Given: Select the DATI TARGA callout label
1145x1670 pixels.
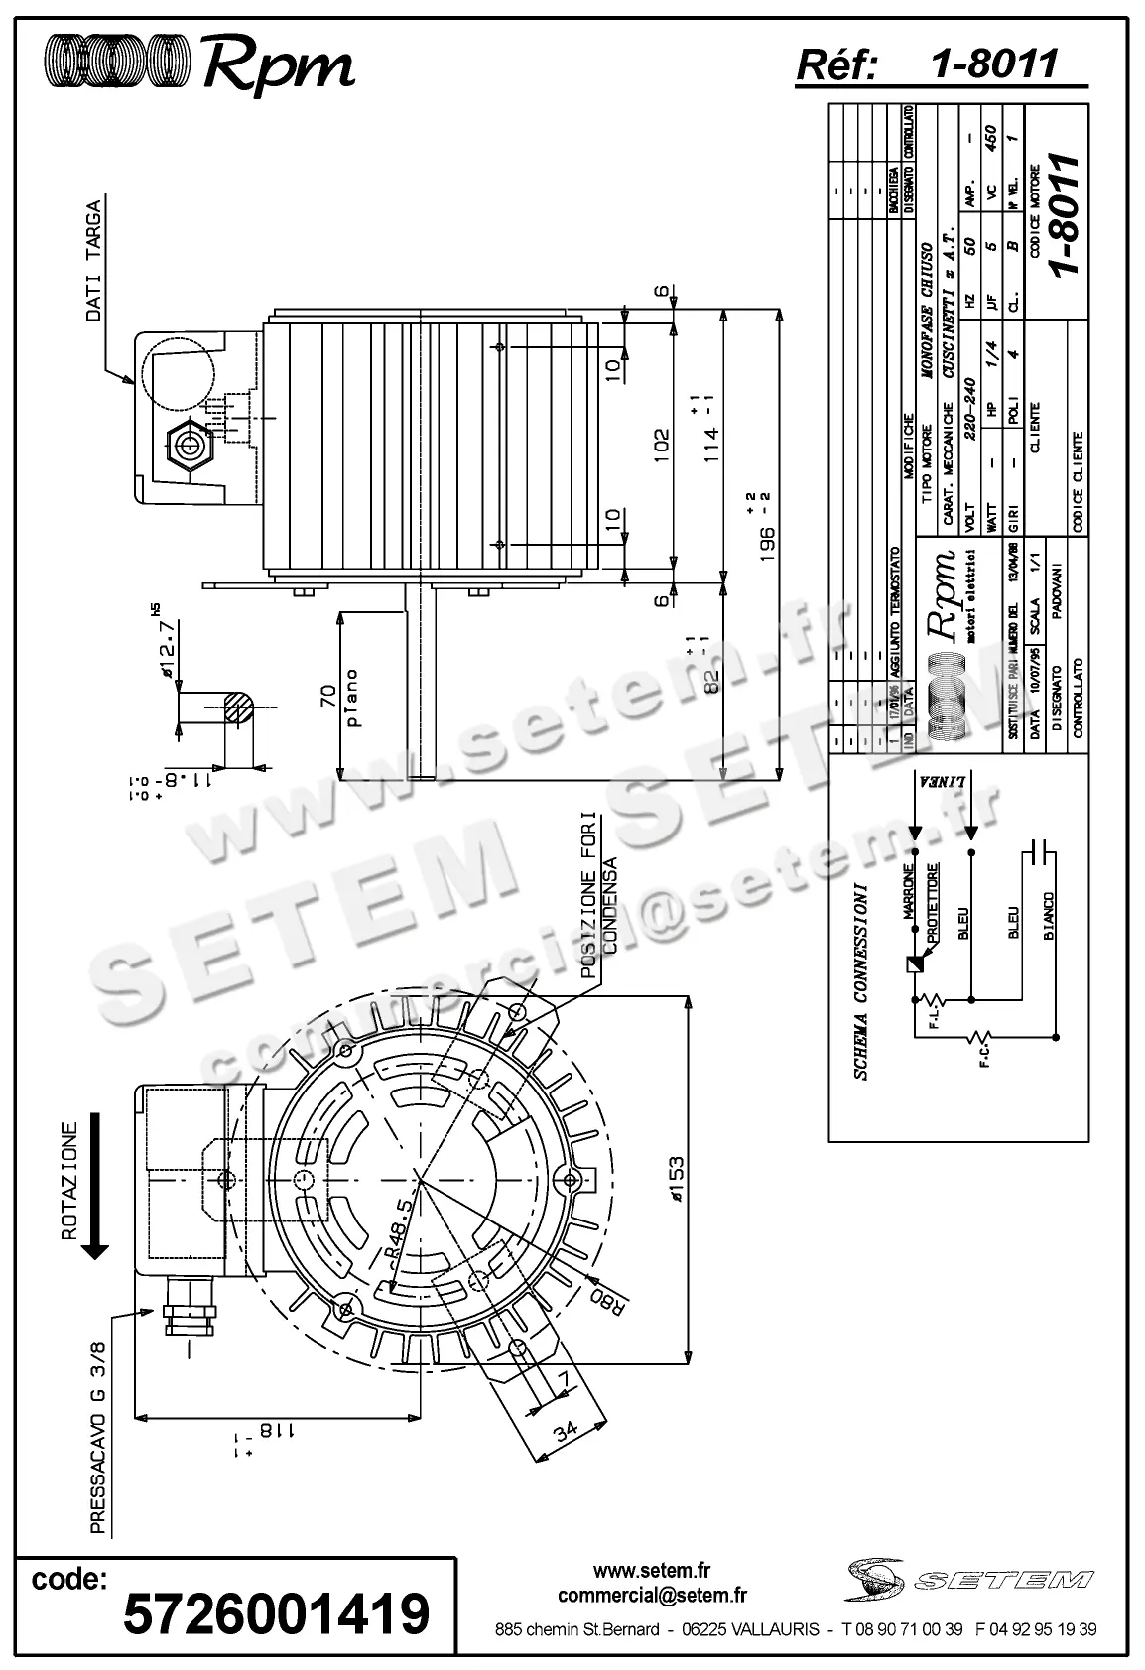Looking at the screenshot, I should click(93, 260).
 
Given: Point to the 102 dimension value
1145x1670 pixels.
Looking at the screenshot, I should click(661, 444).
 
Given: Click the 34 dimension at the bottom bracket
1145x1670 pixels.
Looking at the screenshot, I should click(566, 1432).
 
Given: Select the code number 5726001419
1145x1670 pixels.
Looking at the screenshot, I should click(276, 1612).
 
